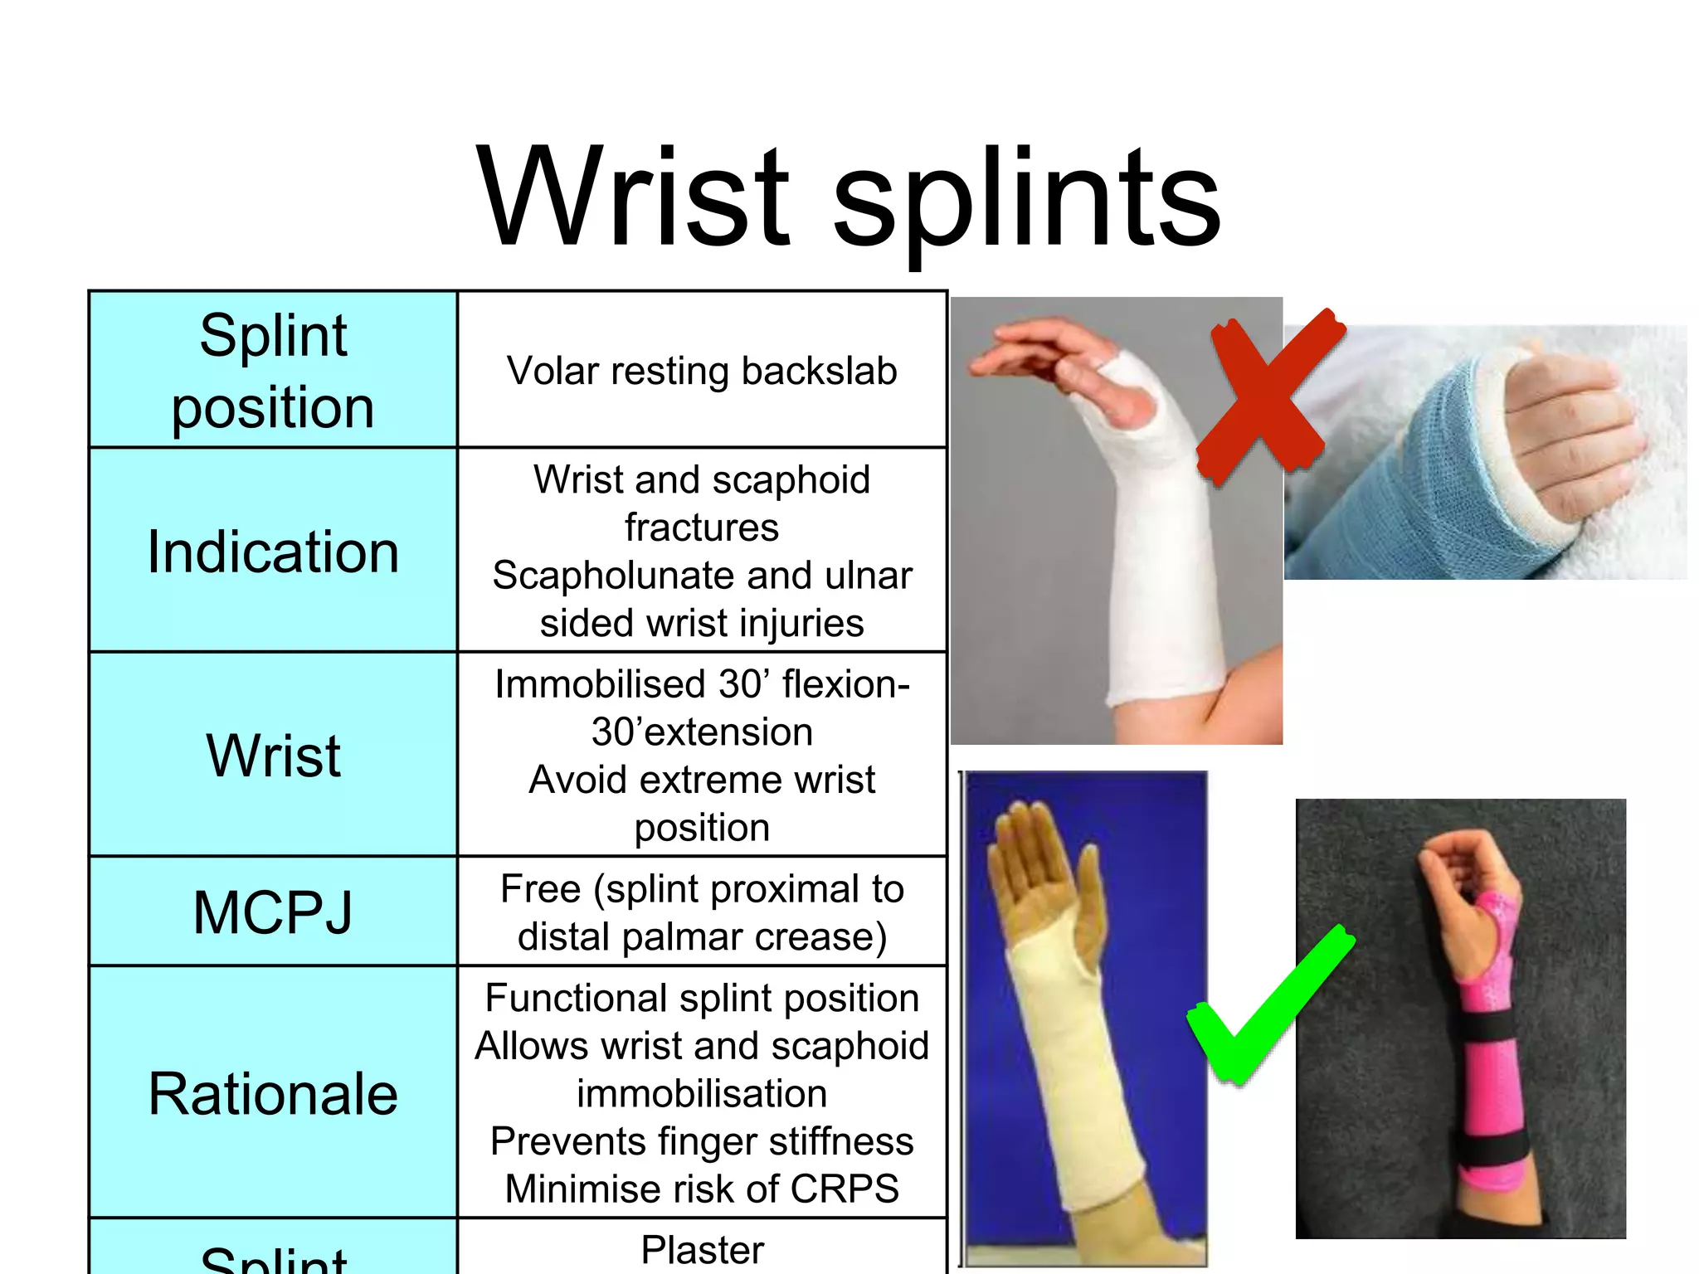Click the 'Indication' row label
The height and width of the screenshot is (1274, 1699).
[x=273, y=552]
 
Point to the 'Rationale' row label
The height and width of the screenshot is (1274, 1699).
[x=273, y=1093]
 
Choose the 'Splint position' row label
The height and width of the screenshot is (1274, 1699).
[x=273, y=371]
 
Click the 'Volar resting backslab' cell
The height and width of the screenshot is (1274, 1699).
[x=702, y=371]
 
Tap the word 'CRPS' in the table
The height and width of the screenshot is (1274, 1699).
[x=845, y=1189]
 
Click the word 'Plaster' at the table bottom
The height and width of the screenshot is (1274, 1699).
[x=702, y=1250]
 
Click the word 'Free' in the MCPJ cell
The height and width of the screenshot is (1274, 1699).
[x=540, y=889]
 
